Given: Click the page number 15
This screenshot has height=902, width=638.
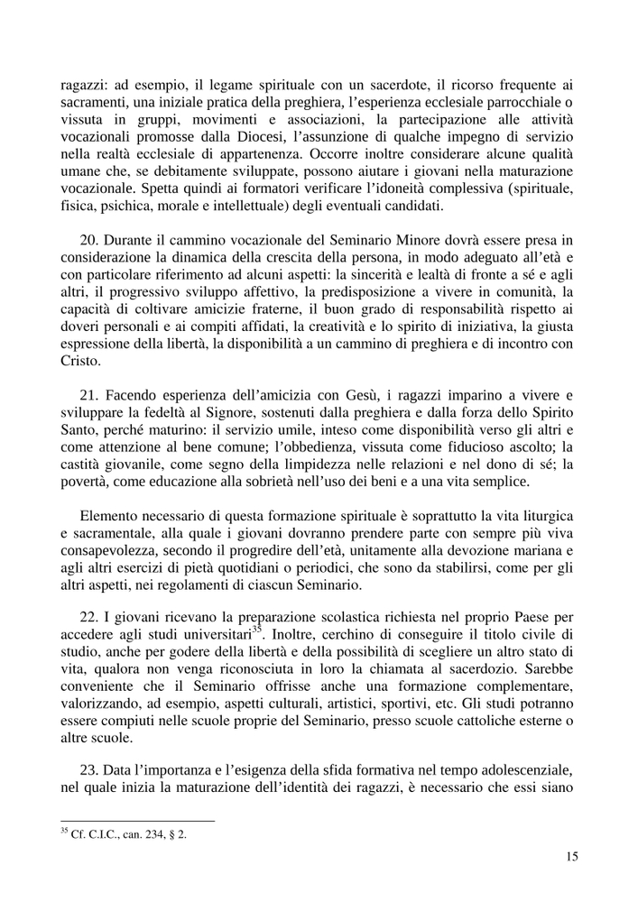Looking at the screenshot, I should pos(570,856).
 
